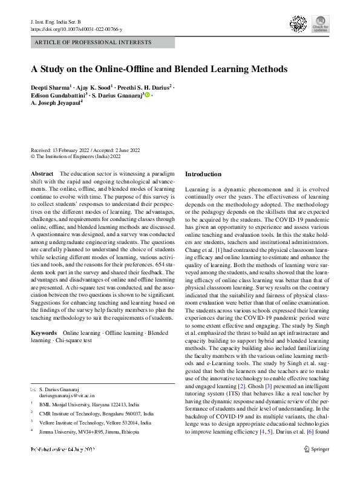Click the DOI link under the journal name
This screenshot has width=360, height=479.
click(x=76, y=28)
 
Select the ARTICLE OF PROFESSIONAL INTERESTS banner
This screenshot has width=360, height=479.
click(x=102, y=43)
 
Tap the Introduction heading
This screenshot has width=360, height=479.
click(x=203, y=174)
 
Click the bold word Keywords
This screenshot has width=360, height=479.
click(x=44, y=334)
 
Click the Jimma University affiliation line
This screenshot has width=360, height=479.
click(x=88, y=432)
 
